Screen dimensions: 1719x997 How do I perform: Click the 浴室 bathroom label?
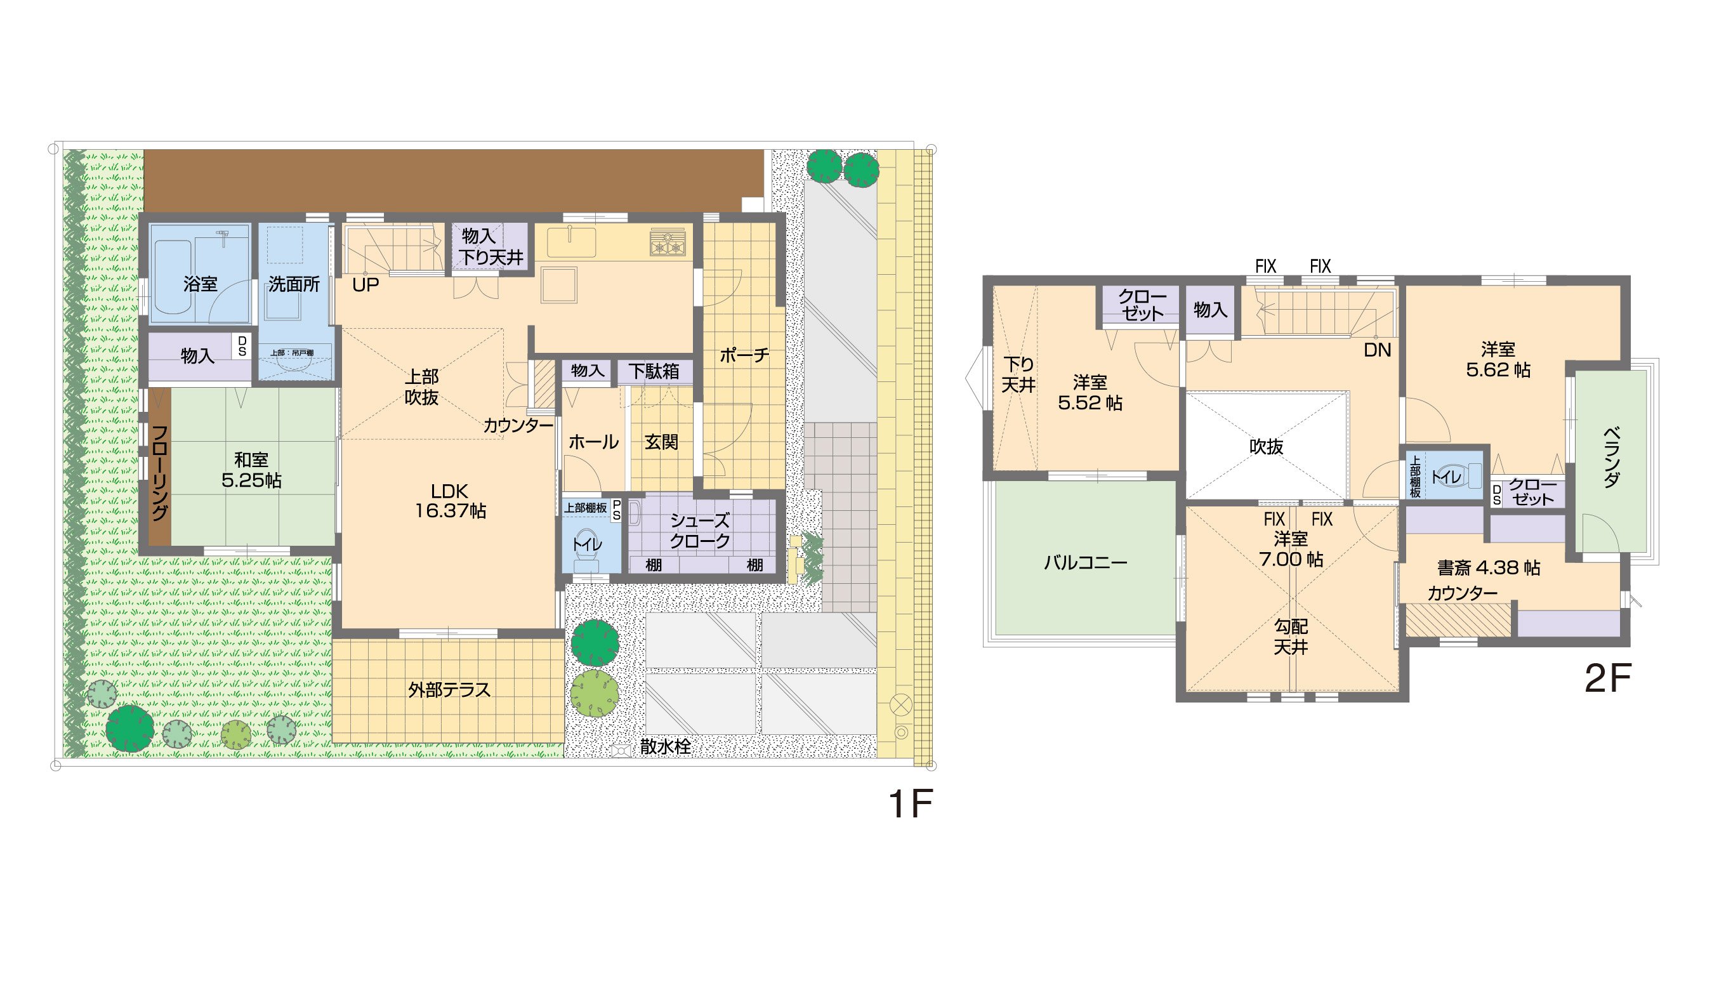coord(200,284)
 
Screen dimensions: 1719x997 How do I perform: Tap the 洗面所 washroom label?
coord(294,284)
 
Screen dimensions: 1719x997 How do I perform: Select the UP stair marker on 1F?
coord(366,285)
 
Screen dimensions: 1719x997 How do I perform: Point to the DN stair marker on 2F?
coord(1377,350)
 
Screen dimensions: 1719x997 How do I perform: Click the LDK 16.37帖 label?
coord(451,501)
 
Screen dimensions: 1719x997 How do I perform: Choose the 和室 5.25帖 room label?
coord(251,470)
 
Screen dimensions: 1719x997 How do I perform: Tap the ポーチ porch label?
coord(744,355)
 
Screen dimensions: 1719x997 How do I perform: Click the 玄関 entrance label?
coord(661,442)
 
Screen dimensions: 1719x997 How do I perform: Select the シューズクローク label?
coord(700,531)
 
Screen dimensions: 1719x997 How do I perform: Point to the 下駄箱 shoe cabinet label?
coord(654,371)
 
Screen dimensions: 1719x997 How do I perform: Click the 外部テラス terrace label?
coord(449,690)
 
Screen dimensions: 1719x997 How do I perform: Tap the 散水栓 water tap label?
coord(665,746)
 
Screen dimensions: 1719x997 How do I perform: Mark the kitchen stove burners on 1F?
coord(668,243)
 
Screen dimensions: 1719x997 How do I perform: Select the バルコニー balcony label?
coord(1085,562)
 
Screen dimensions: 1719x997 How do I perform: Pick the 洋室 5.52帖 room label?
coord(1090,392)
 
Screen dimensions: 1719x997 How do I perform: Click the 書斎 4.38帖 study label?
coord(1489,568)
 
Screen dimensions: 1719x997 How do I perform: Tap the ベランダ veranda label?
coord(1611,457)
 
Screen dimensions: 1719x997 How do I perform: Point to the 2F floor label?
coord(1608,678)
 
